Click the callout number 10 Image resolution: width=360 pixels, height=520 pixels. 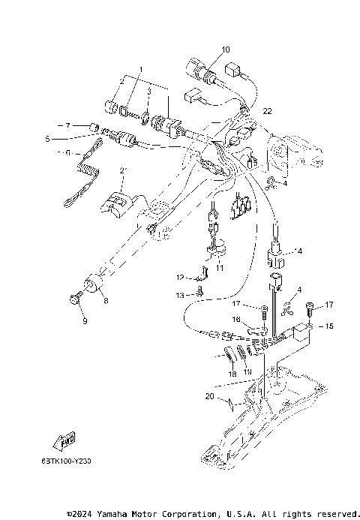[x=226, y=50]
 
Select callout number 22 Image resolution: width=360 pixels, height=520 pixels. [x=267, y=111]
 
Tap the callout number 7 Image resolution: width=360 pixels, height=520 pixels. [x=67, y=125]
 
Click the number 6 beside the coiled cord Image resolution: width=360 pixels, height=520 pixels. [x=67, y=152]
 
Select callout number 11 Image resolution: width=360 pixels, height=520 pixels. [x=220, y=266]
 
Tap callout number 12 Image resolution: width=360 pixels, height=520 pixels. [x=180, y=277]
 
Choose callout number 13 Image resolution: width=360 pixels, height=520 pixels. [x=180, y=295]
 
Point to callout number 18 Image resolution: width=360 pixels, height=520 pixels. [x=232, y=372]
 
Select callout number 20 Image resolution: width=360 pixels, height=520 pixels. [x=210, y=395]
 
